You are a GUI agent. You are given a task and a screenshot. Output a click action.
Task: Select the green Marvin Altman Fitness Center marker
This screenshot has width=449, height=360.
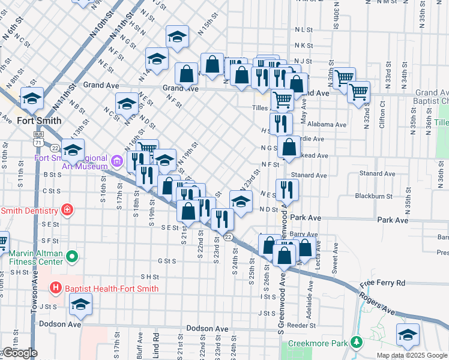click(x=73, y=257)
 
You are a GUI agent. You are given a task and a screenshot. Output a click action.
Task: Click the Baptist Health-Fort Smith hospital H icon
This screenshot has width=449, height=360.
click(x=56, y=289)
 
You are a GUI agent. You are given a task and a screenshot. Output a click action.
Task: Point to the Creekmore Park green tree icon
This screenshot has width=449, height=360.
click(x=357, y=343)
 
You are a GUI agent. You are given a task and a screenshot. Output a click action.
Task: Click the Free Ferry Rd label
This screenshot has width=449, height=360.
click(x=382, y=283)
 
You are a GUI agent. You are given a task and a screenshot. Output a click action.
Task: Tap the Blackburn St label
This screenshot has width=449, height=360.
click(x=373, y=196)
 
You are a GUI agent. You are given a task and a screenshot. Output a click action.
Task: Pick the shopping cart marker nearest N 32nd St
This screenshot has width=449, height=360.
click(x=358, y=92)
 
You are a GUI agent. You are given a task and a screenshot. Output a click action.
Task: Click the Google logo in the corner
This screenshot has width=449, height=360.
click(x=20, y=353)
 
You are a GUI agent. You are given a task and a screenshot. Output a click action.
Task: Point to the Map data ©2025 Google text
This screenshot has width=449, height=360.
click(x=412, y=355)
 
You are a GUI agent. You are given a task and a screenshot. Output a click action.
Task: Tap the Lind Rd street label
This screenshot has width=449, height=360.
click(x=155, y=344)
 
